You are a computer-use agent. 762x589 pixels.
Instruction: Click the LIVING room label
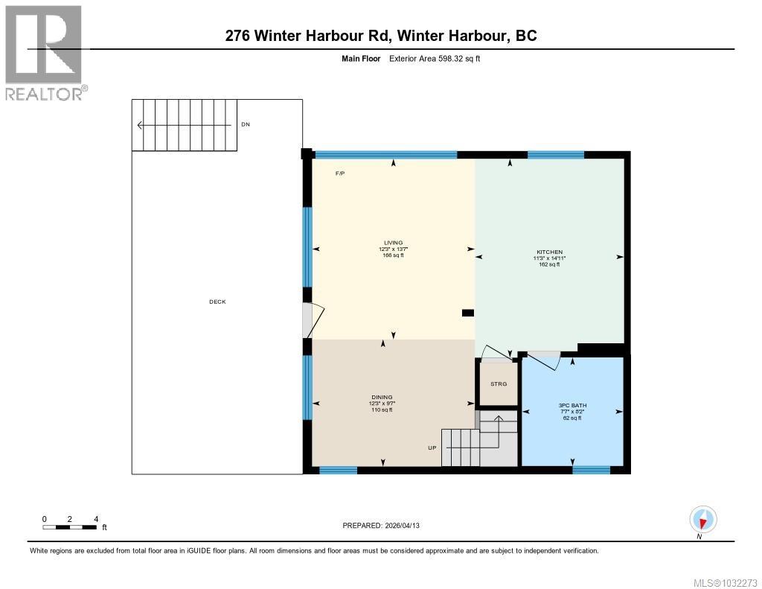393,243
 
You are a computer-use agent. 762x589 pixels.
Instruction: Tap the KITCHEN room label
549,252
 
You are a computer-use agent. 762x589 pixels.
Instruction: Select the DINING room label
382,398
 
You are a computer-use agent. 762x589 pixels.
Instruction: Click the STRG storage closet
498,383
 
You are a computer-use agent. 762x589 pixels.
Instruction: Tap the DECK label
217,302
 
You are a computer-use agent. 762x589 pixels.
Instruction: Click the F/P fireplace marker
340,173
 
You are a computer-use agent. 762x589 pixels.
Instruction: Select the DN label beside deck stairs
245,124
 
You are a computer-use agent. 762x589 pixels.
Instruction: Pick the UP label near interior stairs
432,448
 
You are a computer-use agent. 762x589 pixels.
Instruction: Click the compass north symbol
702,519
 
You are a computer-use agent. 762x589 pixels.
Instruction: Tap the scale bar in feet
70,527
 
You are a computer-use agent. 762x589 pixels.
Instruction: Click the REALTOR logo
45,52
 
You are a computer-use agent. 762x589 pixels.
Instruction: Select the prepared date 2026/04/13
385,526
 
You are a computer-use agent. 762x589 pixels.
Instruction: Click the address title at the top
381,36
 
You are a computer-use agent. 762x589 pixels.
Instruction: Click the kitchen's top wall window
556,155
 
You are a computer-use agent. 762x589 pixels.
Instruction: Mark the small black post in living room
468,313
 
